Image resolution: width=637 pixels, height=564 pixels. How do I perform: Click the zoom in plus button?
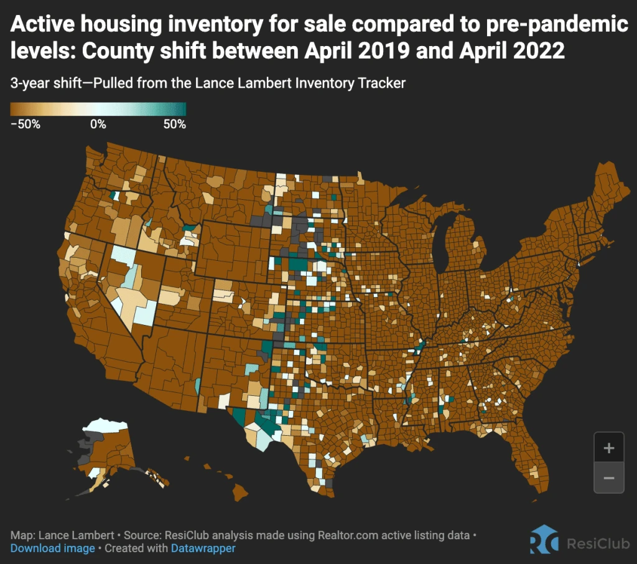[609, 448]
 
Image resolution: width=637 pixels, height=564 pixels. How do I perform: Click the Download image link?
[52, 548]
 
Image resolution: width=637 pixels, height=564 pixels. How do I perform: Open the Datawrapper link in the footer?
[202, 548]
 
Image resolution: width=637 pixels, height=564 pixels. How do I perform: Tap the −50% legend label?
[26, 124]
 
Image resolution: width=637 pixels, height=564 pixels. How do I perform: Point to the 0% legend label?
[98, 124]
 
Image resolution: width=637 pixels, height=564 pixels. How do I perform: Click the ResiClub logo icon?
[544, 540]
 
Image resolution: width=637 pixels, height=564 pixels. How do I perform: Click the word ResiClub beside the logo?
[598, 543]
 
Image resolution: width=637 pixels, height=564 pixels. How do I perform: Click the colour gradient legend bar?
[98, 109]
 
